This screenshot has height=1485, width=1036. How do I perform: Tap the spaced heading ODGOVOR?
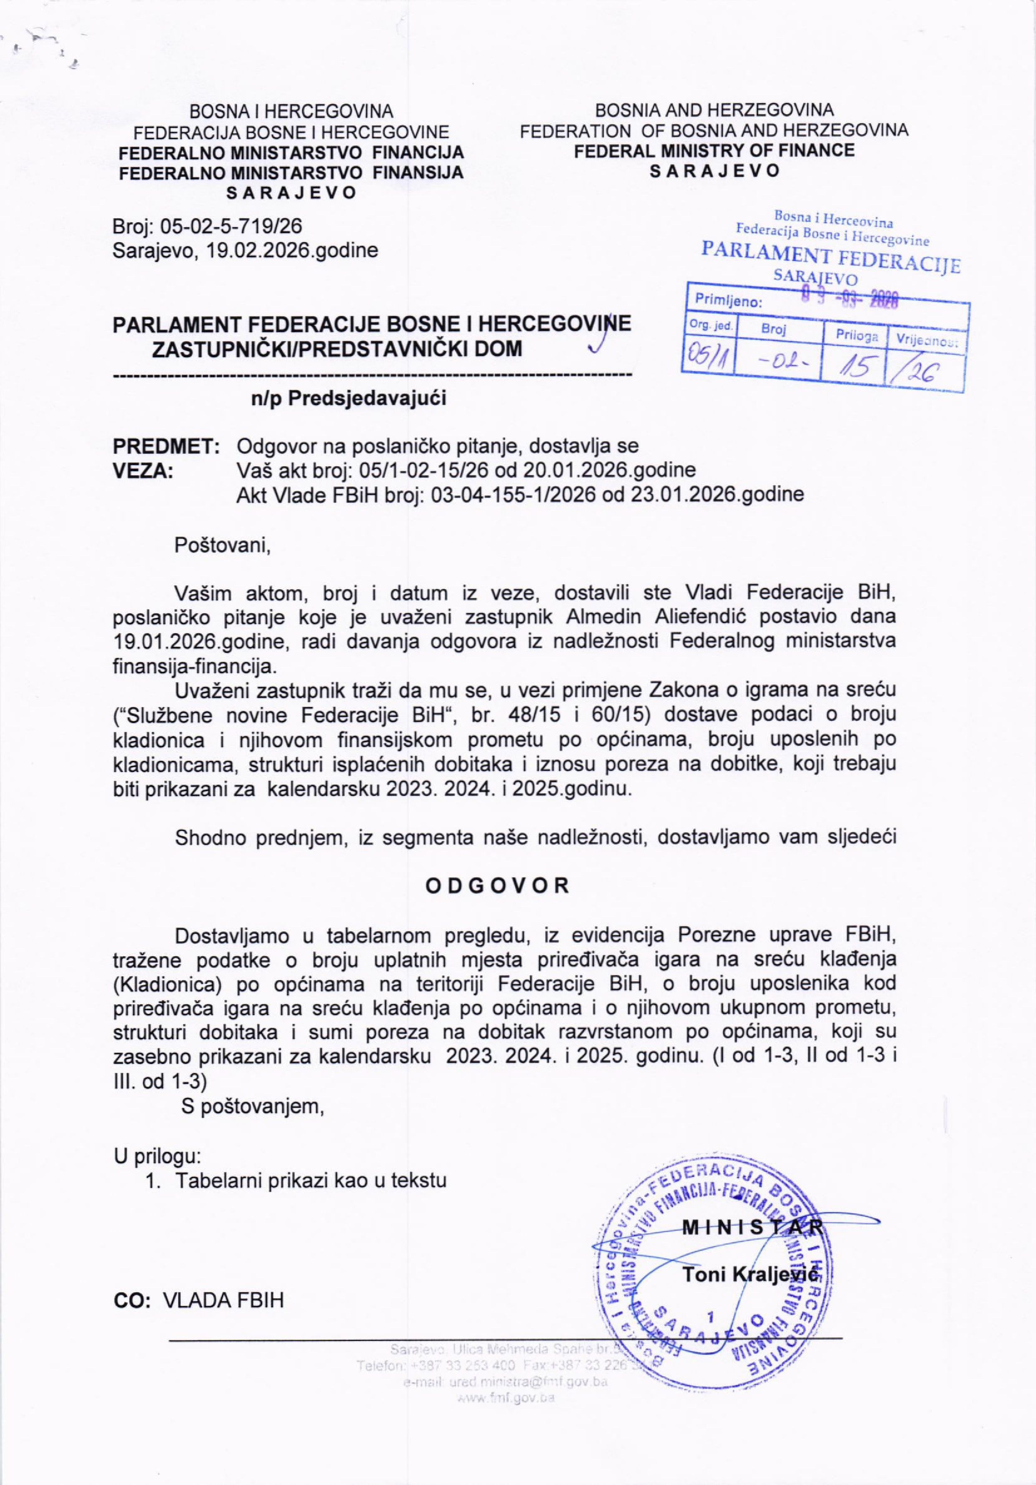(x=496, y=886)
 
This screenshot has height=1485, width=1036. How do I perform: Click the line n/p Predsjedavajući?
(x=349, y=399)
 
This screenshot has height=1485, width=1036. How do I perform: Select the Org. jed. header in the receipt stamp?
(x=709, y=327)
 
